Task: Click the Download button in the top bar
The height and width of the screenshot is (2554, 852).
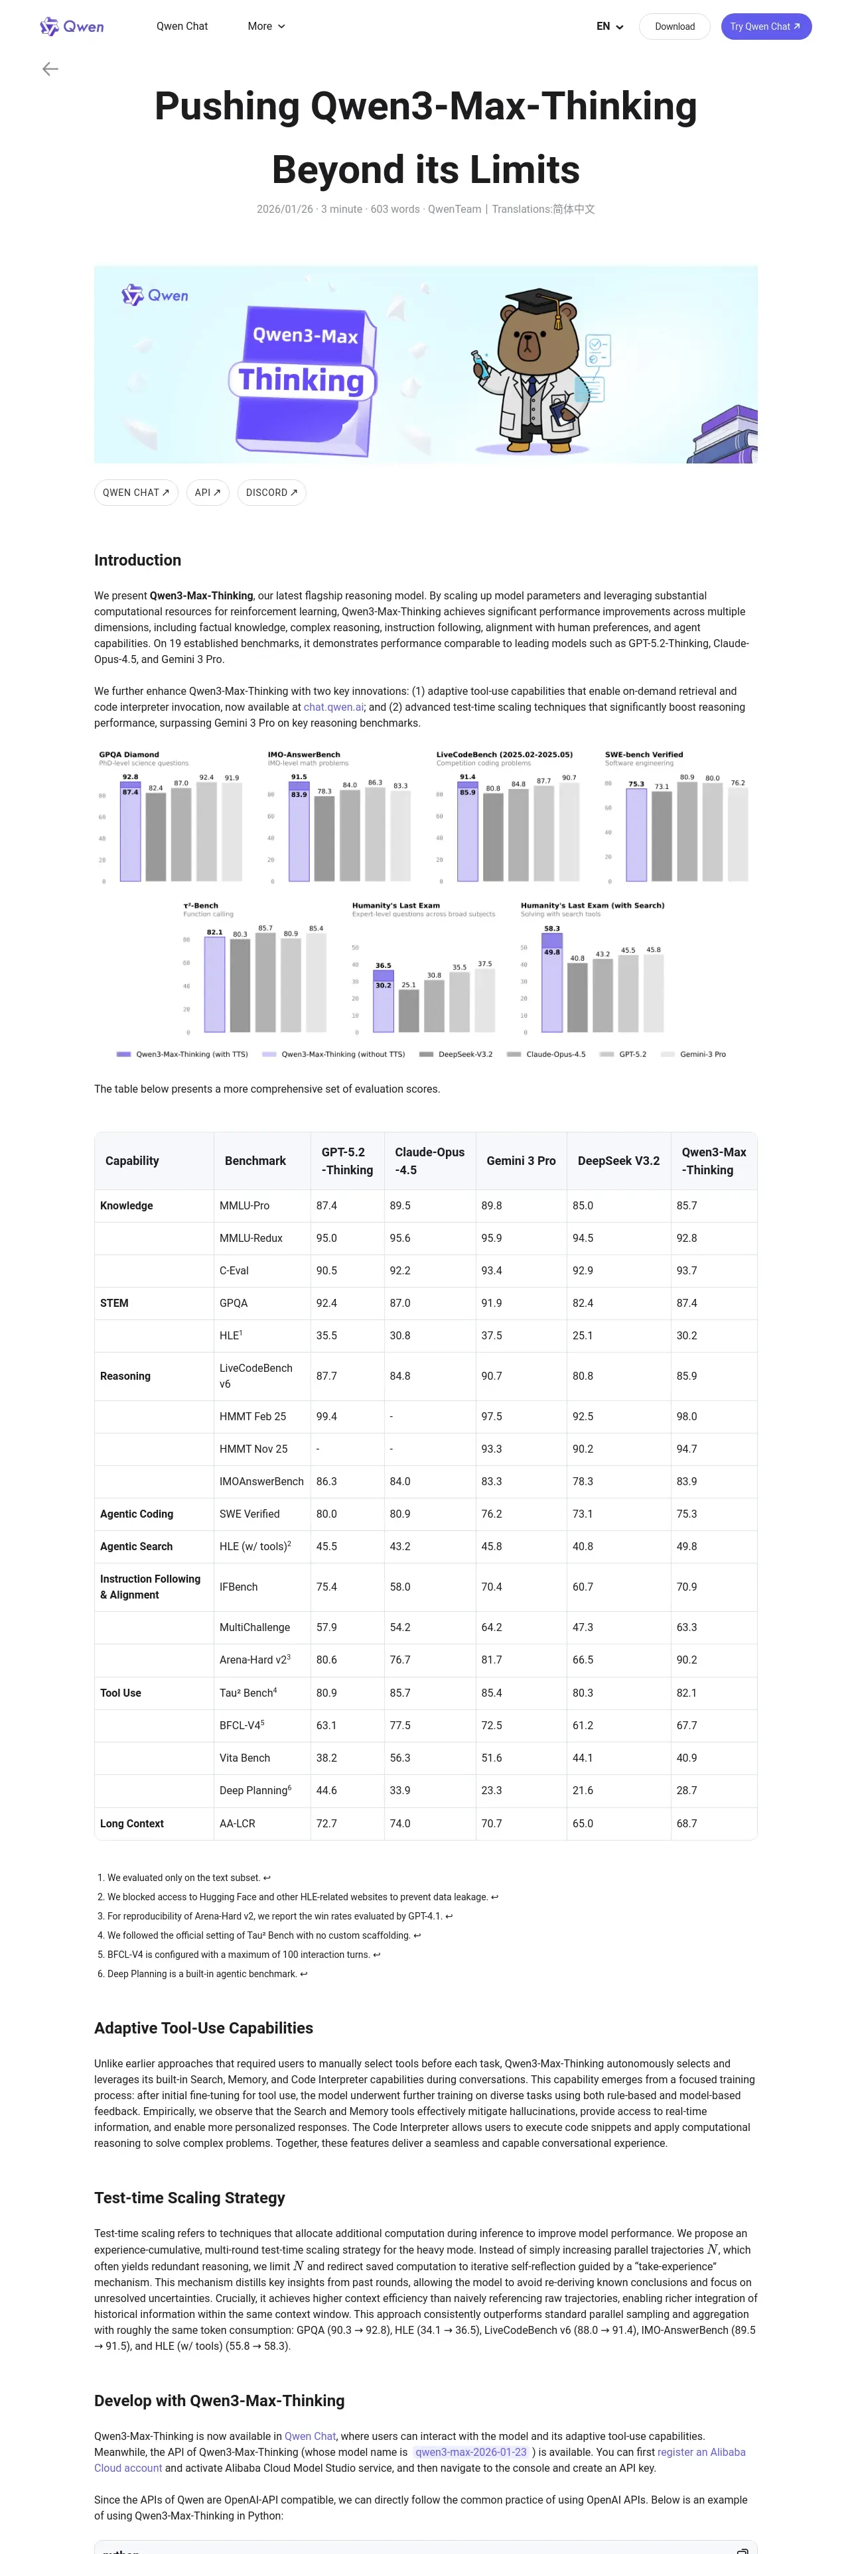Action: [x=674, y=27]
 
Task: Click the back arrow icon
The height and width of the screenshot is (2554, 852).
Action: [x=50, y=68]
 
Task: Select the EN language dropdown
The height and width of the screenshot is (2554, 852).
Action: [x=609, y=27]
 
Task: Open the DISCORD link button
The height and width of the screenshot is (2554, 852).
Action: [x=271, y=493]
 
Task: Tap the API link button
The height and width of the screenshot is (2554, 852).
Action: [x=207, y=493]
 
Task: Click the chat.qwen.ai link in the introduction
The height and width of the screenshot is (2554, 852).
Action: [x=333, y=707]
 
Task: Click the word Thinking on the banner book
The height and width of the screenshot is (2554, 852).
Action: [x=301, y=380]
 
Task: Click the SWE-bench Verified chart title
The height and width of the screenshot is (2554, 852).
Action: [x=644, y=755]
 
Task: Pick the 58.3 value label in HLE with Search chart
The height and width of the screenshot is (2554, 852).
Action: [x=551, y=928]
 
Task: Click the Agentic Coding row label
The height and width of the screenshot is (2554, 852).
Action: [x=137, y=1514]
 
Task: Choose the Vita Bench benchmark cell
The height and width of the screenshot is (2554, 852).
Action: [x=245, y=1758]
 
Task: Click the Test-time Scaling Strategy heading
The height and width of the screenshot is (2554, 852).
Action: [x=189, y=2198]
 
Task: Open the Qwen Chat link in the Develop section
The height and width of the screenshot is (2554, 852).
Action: [x=311, y=2436]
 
